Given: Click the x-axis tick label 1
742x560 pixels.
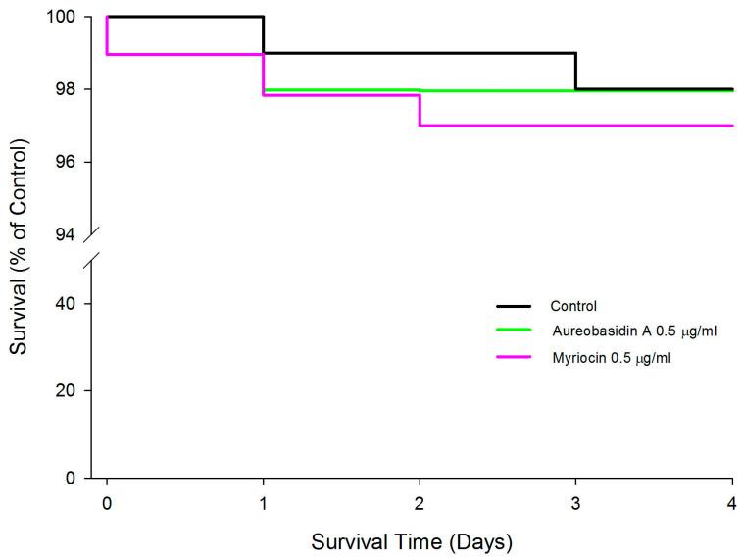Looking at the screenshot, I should (264, 503).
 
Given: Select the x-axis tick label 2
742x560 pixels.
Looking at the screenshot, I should (420, 503).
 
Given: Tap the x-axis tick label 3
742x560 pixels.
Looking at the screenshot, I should (576, 503).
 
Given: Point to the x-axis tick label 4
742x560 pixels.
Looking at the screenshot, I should (732, 503).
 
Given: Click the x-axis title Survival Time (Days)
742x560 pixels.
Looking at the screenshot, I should (412, 540).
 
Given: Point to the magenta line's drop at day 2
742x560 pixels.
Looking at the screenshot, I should (420, 110).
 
